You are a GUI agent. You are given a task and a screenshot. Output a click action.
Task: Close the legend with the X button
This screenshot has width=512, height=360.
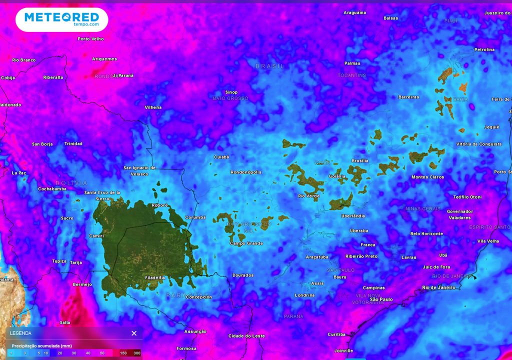pos(134,333)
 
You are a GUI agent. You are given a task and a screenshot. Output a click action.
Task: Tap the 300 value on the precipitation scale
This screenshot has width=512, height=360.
pos(137,353)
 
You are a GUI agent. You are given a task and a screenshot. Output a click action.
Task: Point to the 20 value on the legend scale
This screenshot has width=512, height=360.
pos(59,353)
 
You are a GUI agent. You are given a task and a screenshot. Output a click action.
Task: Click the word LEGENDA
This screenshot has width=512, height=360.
pos(20,333)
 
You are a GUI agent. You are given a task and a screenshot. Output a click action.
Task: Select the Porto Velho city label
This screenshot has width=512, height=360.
pos(90,38)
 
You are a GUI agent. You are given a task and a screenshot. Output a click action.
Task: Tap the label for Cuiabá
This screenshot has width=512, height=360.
pos(221,157)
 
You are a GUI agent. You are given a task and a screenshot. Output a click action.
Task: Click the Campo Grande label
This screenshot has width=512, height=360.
pos(246,243)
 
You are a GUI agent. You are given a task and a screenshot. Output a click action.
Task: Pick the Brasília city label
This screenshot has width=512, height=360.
pos(360,161)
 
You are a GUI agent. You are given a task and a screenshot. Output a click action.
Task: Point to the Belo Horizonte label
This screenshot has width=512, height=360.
pos(426,233)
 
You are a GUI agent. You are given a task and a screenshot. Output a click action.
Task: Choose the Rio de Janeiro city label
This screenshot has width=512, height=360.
pos(438,287)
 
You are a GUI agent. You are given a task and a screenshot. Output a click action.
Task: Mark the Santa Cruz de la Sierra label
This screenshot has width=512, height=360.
pos(102,195)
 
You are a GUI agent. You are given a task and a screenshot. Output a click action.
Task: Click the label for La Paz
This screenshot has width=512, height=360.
pos(19,173)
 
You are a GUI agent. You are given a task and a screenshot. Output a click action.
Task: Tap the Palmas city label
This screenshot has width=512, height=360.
pos(352,63)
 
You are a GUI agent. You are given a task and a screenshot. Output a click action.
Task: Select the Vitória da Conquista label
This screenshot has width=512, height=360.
pos(478,144)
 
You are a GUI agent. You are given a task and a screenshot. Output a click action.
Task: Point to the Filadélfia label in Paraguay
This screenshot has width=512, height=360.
pos(154,277)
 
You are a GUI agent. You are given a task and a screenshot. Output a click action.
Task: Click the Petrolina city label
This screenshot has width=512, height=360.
pos(484,49)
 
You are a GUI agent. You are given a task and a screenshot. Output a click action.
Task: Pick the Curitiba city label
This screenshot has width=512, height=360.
pos(336,334)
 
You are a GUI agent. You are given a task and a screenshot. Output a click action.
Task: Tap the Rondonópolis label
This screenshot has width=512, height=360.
pos(246,172)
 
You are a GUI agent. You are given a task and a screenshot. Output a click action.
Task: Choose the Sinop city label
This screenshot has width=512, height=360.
pos(231,92)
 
